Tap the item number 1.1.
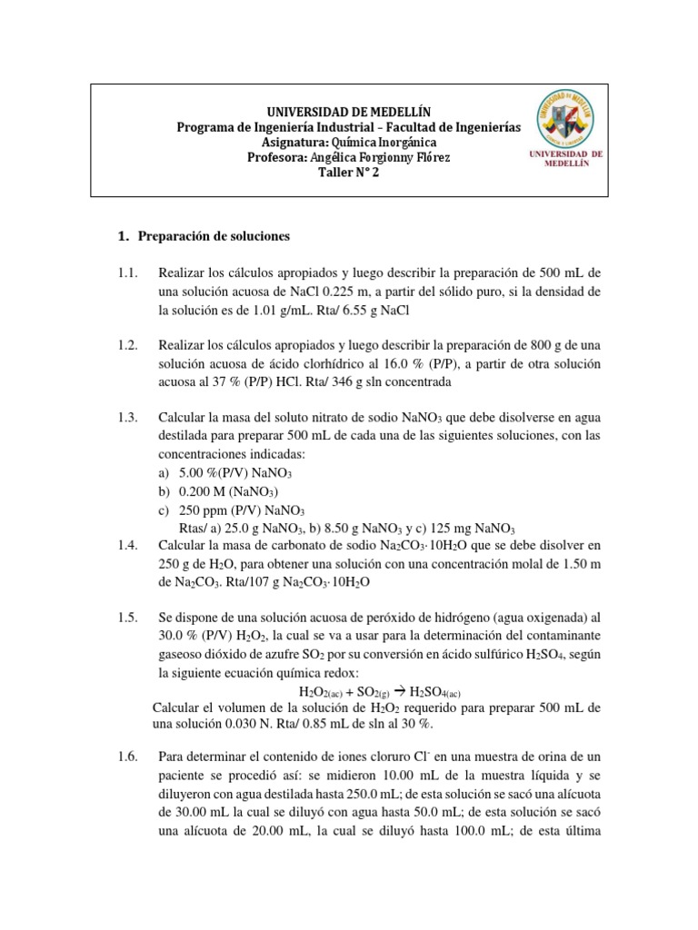tap(126, 273)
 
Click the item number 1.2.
tap(126, 346)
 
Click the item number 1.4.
tap(126, 546)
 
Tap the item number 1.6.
tap(126, 757)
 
